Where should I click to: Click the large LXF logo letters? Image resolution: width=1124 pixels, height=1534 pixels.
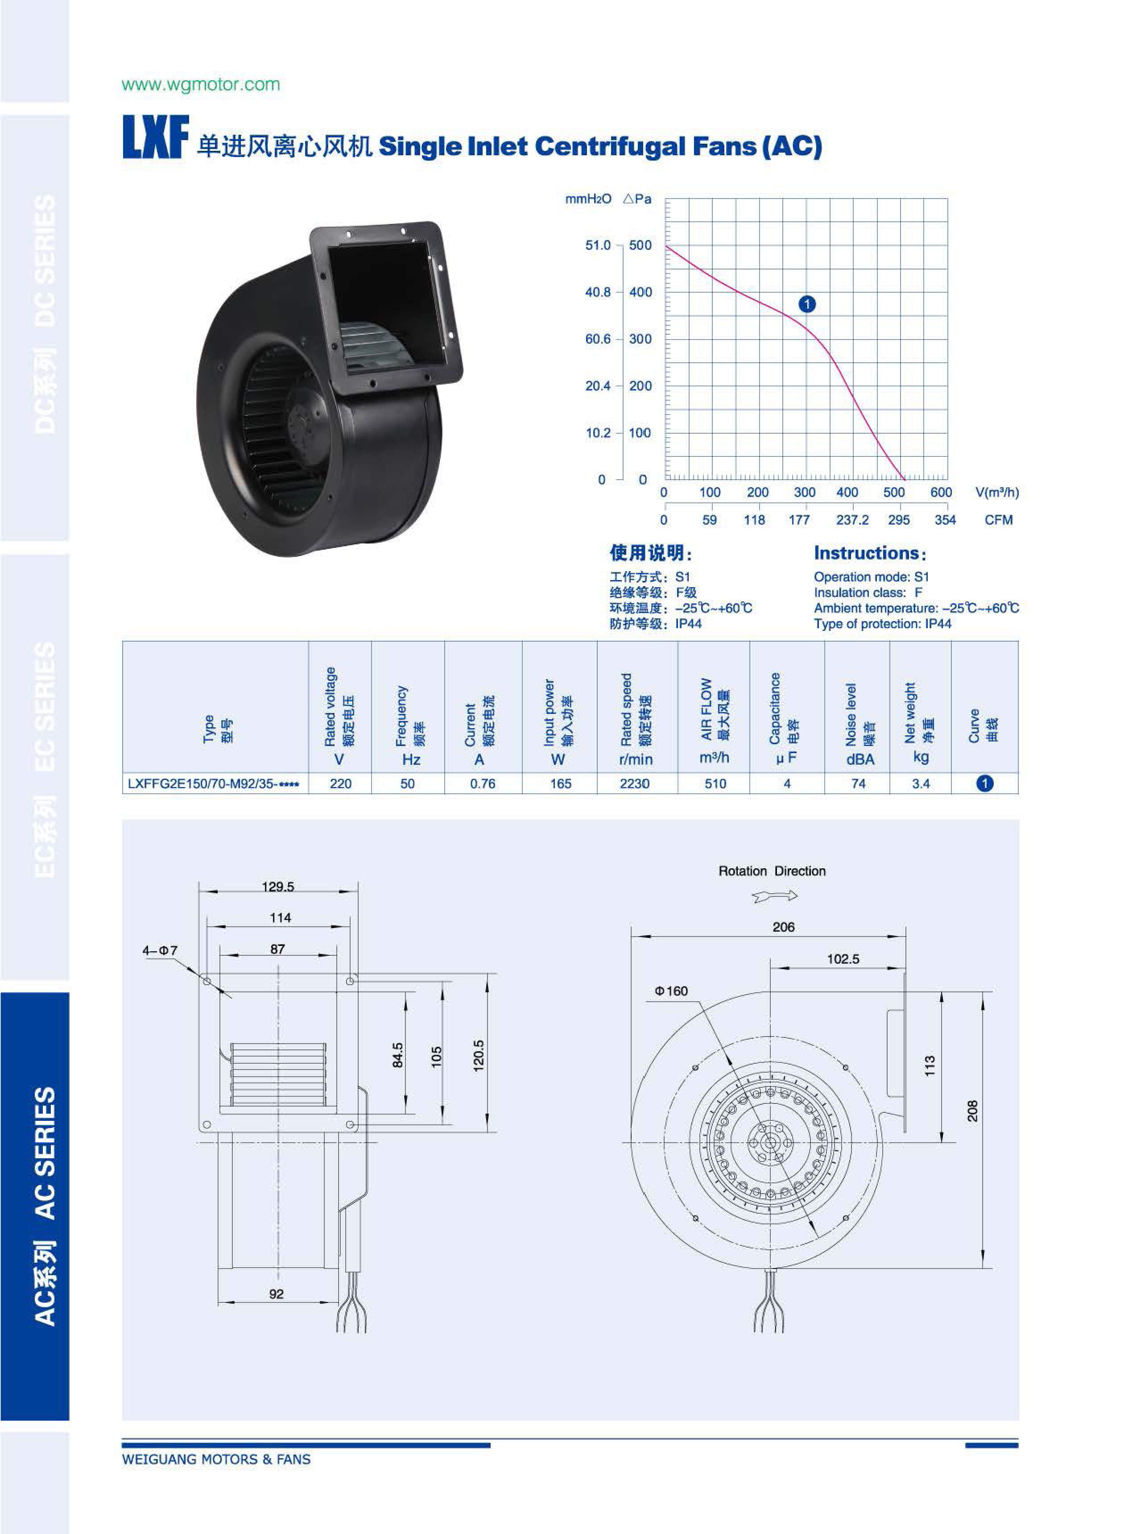point(156,137)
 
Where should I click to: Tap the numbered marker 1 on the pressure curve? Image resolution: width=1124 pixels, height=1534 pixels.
point(807,304)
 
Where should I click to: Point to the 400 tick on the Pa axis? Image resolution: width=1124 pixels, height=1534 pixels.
point(640,292)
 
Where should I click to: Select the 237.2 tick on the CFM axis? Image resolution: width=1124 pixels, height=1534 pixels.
point(852,520)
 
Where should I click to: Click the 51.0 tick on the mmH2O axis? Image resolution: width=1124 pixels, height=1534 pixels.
point(598,245)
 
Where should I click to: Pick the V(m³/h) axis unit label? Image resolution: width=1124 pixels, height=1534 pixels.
point(997,492)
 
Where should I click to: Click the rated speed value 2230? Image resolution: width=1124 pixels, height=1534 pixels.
point(635,784)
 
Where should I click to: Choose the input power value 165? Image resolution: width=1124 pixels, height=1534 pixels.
point(561,784)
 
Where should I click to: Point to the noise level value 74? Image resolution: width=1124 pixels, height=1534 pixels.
point(859,784)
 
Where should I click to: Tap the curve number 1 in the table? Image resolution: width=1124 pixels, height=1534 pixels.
point(984,784)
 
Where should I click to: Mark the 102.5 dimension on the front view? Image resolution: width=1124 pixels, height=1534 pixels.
point(843,959)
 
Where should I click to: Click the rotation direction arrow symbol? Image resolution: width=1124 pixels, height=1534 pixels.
point(775,896)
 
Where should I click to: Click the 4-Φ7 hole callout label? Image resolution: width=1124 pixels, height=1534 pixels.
point(159,950)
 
